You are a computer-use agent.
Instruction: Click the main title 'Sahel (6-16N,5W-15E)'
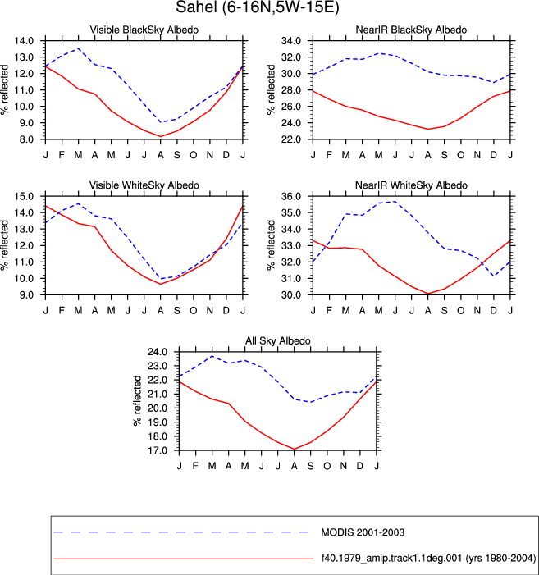[x=258, y=7]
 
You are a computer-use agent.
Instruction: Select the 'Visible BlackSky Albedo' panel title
[x=144, y=30]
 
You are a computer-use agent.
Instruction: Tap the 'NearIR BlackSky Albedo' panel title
[x=411, y=30]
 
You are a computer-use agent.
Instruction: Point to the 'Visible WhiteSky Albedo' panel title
[x=144, y=185]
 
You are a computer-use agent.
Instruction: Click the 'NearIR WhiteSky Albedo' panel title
[x=411, y=185]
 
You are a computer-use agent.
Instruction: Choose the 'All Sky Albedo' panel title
[x=278, y=340]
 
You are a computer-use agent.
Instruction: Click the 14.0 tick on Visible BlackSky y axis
[x=24, y=41]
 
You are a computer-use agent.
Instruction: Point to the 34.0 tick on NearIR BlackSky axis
[x=291, y=41]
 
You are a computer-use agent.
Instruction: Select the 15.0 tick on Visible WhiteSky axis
[x=24, y=196]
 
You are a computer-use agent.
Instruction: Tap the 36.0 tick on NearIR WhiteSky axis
[x=291, y=196]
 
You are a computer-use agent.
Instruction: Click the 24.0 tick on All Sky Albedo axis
[x=158, y=352]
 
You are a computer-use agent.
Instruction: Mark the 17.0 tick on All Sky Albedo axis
[x=158, y=450]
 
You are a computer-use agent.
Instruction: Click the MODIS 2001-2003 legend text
[x=363, y=532]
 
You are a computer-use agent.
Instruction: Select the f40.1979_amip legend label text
[x=428, y=559]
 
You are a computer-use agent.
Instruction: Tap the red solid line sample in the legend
[x=183, y=559]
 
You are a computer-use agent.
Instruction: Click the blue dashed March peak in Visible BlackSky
[x=78, y=48]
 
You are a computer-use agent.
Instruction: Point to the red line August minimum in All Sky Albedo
[x=294, y=450]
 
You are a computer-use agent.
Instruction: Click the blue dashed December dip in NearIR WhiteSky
[x=494, y=276]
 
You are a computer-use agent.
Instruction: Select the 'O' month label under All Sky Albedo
[x=327, y=466]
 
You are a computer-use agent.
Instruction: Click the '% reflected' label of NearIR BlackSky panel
[x=271, y=90]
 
